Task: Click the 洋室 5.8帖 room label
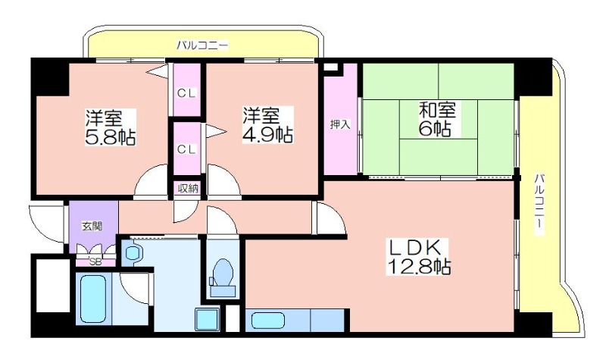111,127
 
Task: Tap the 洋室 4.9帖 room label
267,124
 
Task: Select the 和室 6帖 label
437,119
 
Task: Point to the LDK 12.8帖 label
419,256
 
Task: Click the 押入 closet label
340,124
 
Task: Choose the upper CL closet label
186,92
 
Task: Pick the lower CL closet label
186,149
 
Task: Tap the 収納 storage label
188,188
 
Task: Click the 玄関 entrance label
92,226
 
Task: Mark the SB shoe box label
95,261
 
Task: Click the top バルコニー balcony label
202,45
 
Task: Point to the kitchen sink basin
268,321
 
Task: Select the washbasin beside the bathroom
133,253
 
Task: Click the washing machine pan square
207,319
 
